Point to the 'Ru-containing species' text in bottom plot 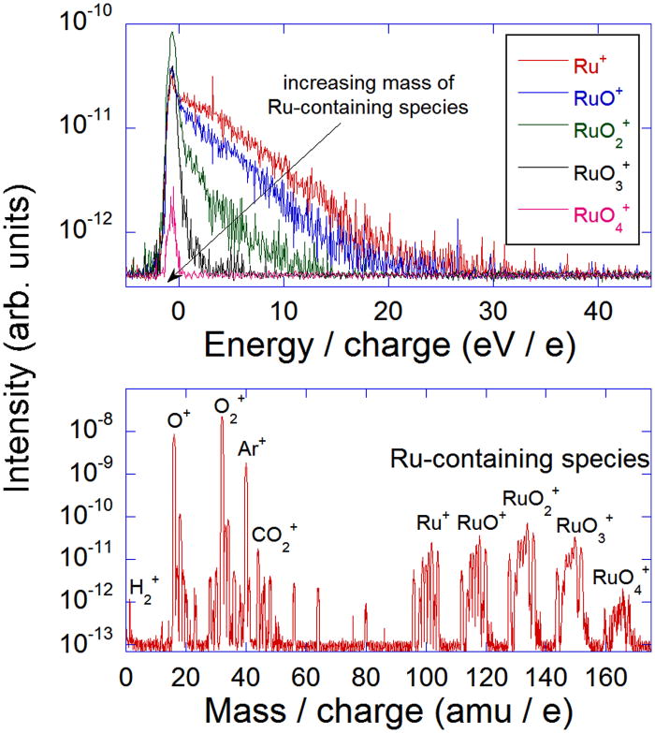pyautogui.click(x=519, y=460)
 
